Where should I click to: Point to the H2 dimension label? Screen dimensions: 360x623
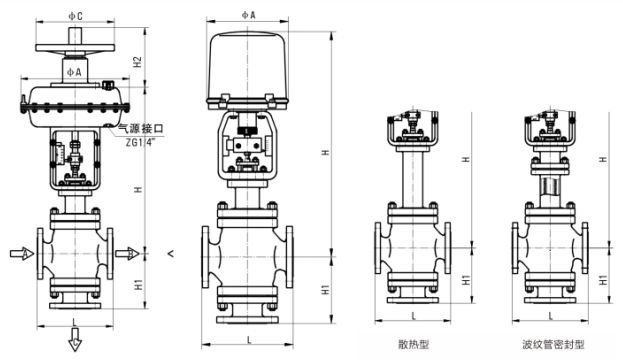pos(139,63)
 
